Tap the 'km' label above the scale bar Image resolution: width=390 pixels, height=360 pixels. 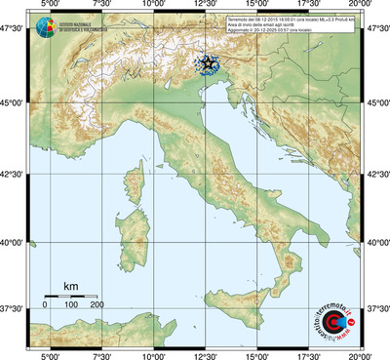point(71,286)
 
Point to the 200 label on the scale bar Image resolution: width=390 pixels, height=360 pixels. point(97,304)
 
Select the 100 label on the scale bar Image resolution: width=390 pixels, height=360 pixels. point(71,304)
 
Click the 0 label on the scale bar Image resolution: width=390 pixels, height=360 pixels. point(45,304)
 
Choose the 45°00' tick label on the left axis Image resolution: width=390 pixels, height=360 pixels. point(14,99)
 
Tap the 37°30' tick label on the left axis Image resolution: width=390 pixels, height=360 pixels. point(14,309)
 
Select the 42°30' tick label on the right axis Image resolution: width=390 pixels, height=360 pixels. point(376,173)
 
